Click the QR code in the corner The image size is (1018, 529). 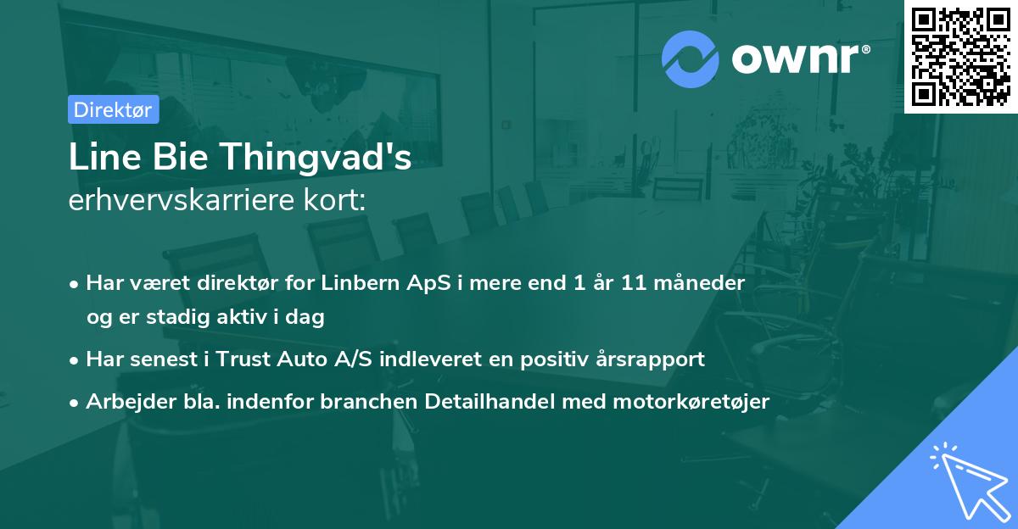(x=960, y=56)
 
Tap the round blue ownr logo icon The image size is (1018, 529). (x=691, y=59)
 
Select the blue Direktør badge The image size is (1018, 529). (x=113, y=109)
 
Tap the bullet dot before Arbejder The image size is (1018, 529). (x=76, y=403)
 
